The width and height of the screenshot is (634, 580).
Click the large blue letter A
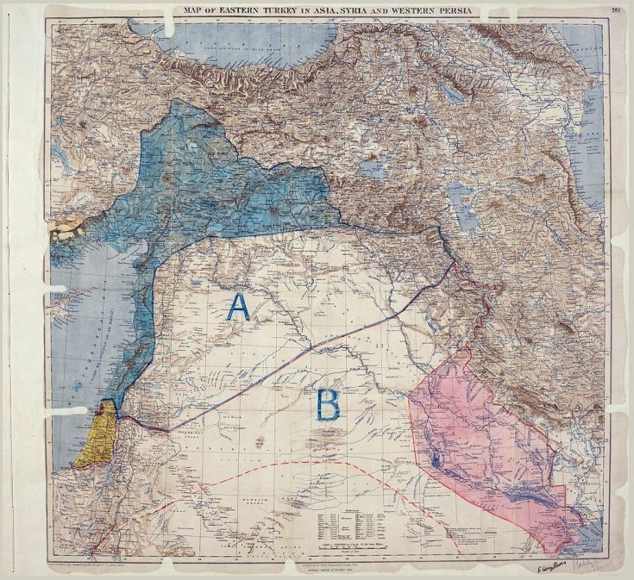tap(237, 308)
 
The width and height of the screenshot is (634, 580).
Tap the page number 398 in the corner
tap(615, 9)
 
